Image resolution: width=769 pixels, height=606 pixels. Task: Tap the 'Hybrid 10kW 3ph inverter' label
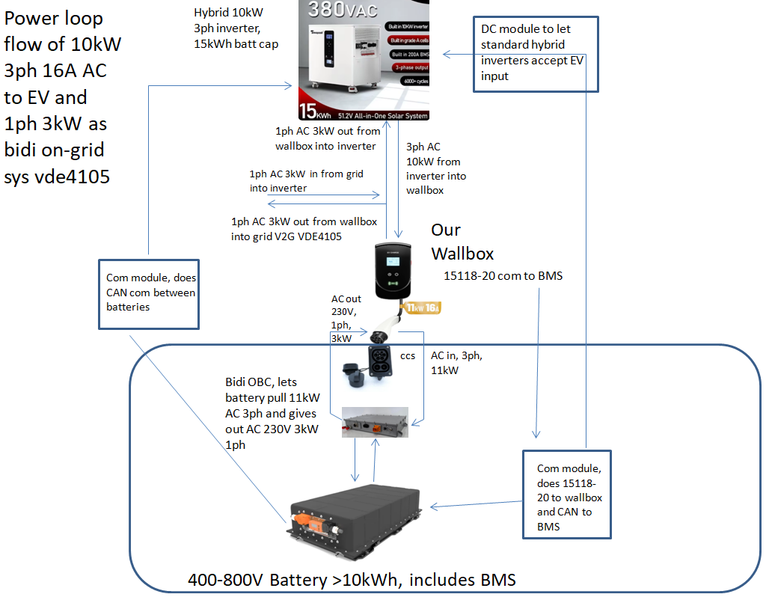click(235, 28)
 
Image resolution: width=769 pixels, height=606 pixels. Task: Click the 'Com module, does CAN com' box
click(149, 293)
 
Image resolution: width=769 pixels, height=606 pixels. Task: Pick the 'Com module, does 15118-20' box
click(566, 494)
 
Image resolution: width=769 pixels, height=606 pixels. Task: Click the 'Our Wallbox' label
click(462, 240)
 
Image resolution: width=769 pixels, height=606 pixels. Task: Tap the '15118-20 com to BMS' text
click(503, 276)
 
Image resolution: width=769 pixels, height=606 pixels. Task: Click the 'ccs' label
click(408, 355)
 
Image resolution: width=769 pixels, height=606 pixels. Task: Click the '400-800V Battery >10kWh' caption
click(352, 580)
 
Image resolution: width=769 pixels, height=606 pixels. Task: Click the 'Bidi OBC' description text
click(271, 414)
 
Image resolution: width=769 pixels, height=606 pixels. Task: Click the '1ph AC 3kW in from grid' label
click(306, 181)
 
